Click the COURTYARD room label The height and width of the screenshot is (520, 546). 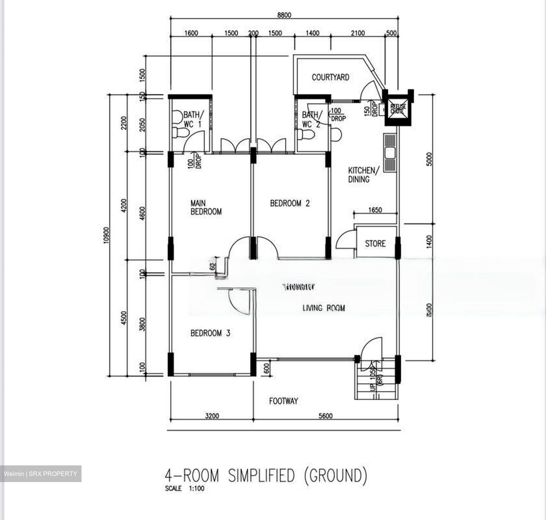(x=330, y=77)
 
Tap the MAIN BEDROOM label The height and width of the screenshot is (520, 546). (x=206, y=207)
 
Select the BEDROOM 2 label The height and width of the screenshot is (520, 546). (x=290, y=203)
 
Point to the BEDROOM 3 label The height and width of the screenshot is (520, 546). (x=210, y=333)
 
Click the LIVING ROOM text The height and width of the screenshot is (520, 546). (x=323, y=308)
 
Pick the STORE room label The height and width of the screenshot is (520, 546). (x=375, y=244)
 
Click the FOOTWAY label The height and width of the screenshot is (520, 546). (x=283, y=401)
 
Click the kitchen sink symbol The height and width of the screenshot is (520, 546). (x=389, y=153)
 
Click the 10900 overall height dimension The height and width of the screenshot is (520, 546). (x=106, y=235)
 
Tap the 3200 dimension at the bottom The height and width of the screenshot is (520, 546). (x=212, y=416)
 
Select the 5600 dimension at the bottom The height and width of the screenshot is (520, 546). (x=325, y=416)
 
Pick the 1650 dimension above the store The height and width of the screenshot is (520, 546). (x=375, y=210)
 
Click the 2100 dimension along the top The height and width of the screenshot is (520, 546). (x=357, y=33)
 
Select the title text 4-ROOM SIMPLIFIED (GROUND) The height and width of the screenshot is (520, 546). (x=266, y=476)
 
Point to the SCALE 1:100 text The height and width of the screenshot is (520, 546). (x=185, y=489)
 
